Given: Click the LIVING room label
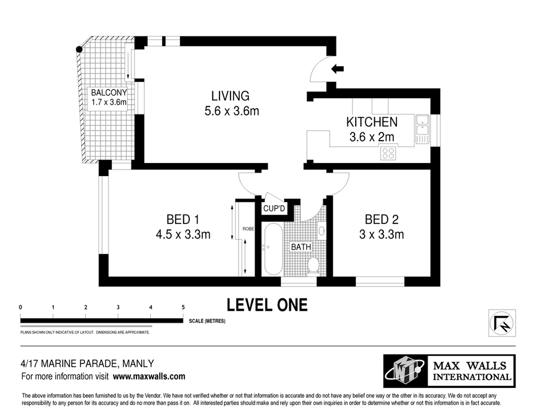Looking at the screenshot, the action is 230,96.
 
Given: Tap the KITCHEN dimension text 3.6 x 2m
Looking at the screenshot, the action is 372,137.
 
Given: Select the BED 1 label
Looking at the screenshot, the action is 183,219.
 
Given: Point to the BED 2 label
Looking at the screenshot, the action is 381,219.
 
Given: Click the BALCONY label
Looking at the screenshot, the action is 109,93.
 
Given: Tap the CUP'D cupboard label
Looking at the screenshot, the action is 274,208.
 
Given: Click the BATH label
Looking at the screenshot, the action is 301,247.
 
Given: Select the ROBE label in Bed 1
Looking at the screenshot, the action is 248,229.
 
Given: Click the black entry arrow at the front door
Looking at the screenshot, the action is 337,69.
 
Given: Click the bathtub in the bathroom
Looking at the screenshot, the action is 273,249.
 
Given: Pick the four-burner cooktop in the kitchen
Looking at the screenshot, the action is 388,153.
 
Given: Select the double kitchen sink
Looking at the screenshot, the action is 422,129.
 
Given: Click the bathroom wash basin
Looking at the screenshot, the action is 321,230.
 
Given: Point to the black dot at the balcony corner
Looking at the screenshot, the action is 79,49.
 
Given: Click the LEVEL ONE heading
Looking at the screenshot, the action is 268,305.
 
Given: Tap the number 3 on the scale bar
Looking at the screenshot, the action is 118,307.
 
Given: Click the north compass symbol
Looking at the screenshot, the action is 502,323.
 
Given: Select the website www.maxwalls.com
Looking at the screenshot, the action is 149,377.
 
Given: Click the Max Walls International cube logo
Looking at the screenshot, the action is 405,371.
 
